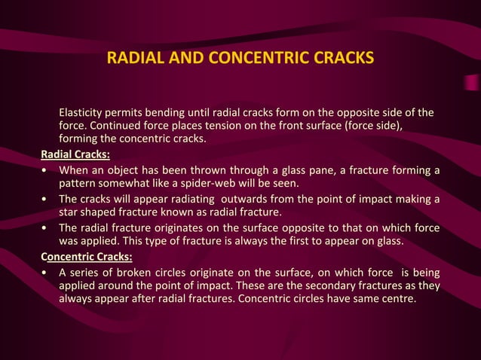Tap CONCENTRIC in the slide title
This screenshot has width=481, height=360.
pos(257,58)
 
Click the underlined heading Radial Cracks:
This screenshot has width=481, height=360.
pos(75,155)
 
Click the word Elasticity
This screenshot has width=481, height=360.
pos(84,114)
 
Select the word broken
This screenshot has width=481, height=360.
pos(149,272)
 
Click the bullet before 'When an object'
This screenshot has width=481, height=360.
pos(47,170)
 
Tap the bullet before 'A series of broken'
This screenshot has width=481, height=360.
pos(47,272)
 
